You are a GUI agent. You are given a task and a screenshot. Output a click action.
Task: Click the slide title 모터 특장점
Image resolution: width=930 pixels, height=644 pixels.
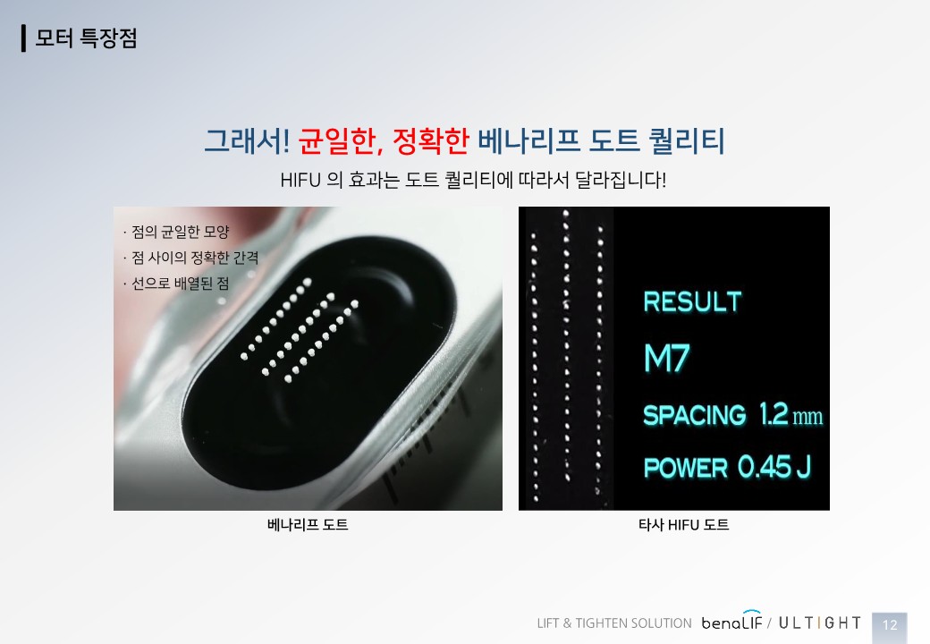(x=86, y=38)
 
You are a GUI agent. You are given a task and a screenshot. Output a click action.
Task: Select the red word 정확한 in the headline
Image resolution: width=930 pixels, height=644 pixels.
(x=431, y=141)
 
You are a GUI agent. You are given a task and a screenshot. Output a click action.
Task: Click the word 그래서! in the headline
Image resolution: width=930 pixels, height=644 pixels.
(x=247, y=141)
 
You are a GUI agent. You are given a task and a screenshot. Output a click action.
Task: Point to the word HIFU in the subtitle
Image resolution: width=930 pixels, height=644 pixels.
(x=300, y=180)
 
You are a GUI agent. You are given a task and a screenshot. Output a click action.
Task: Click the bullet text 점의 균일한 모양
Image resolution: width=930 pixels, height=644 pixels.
(x=180, y=232)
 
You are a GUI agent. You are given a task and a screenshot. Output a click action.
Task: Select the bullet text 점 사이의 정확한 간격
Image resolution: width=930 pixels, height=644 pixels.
(x=195, y=258)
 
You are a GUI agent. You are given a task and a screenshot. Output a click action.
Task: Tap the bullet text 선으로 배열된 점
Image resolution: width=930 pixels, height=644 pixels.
(x=180, y=283)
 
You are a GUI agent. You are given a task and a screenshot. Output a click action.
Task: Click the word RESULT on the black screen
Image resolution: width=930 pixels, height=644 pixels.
(x=693, y=301)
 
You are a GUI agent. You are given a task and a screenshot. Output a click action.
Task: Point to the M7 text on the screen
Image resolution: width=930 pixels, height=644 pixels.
(x=667, y=358)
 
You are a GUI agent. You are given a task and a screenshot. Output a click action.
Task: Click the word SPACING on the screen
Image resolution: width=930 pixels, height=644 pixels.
(x=695, y=415)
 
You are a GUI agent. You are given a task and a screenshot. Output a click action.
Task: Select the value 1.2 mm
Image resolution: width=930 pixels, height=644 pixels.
(x=791, y=414)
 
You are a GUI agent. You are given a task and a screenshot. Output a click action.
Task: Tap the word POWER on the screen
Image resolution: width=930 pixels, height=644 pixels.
(x=686, y=468)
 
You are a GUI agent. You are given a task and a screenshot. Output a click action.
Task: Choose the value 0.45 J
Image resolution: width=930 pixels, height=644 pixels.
(x=774, y=467)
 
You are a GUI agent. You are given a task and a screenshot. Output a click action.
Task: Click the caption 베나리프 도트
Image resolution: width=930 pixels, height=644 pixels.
(x=308, y=525)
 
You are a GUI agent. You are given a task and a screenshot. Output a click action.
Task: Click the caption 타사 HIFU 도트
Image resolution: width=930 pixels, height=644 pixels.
(x=684, y=525)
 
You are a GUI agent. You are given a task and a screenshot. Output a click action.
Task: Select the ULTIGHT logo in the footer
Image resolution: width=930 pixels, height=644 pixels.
(x=820, y=623)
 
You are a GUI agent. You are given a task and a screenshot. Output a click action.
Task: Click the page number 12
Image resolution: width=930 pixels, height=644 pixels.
(x=890, y=625)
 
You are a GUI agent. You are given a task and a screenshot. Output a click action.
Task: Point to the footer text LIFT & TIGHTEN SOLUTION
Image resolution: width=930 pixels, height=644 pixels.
(x=614, y=623)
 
